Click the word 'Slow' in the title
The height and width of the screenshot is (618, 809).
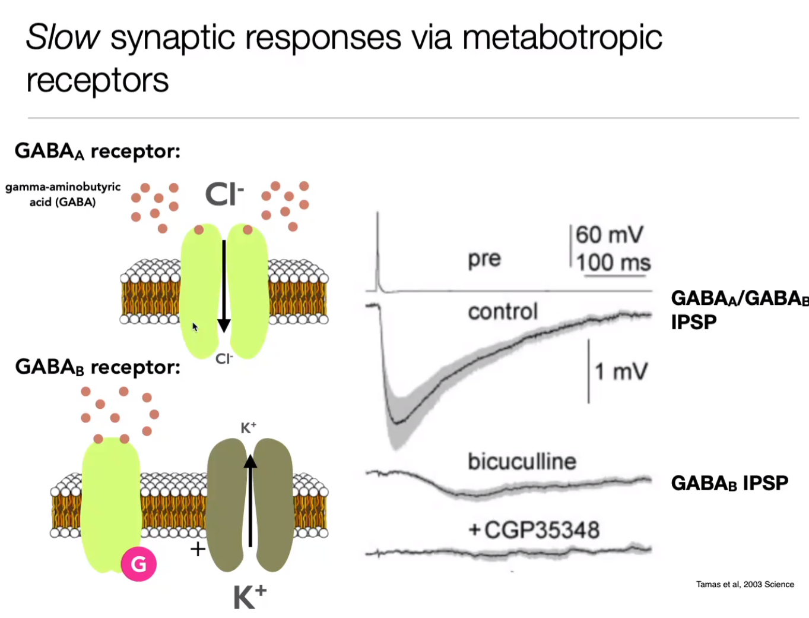tap(63, 37)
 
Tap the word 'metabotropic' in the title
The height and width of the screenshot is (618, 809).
tap(561, 38)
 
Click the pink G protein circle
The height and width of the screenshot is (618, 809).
tap(138, 564)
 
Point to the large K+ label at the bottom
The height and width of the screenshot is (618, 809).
tap(249, 597)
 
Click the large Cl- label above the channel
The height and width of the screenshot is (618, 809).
tap(224, 194)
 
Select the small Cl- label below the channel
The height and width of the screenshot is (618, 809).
tap(224, 358)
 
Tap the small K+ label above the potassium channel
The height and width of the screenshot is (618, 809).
tap(248, 427)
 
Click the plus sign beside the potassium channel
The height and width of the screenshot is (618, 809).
tap(198, 548)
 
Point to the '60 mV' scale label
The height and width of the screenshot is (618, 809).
tap(609, 235)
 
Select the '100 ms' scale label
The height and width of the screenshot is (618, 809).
tap(613, 263)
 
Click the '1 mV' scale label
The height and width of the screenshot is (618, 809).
tap(621, 372)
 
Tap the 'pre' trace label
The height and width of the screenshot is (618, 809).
tap(484, 259)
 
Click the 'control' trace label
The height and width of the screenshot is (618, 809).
tap(503, 311)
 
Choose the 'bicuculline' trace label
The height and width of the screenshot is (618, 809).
tap(522, 461)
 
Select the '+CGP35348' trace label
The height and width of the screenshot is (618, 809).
tap(534, 529)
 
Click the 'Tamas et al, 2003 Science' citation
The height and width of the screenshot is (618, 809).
tap(744, 584)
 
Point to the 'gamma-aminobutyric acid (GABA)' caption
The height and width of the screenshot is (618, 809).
tap(63, 194)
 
